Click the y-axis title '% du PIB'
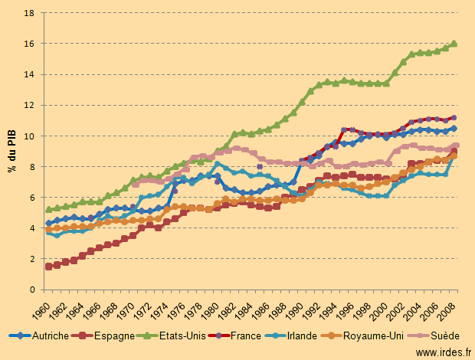[13, 152]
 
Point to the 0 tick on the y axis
[31, 290]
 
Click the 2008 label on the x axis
[454, 306]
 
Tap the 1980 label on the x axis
[217, 306]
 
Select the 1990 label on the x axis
[301, 306]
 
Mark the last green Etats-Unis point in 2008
[454, 44]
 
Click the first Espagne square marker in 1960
[49, 267]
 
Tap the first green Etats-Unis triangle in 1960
[49, 209]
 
